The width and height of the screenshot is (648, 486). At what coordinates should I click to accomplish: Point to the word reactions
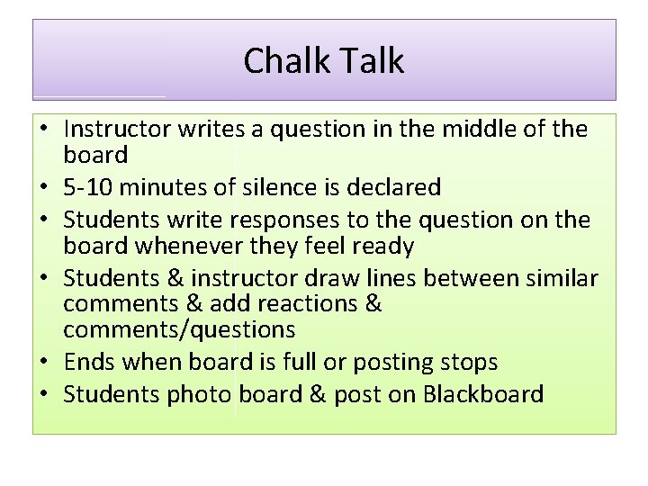(305, 304)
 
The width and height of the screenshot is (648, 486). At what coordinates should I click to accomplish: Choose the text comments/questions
(179, 329)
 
